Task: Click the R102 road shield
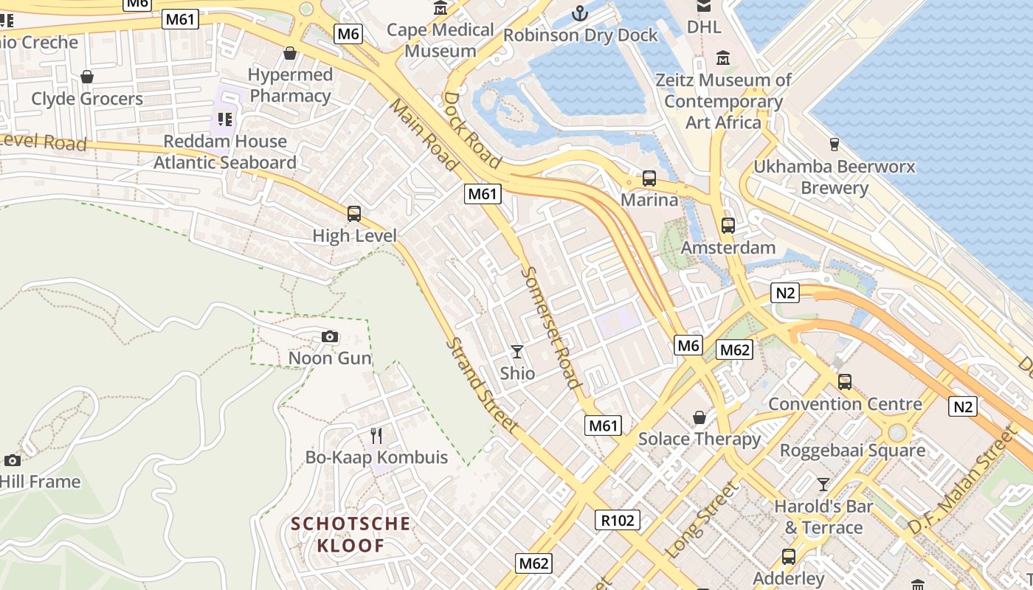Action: tap(618, 520)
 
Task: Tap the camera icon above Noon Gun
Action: tap(330, 337)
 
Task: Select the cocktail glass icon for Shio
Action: tap(517, 352)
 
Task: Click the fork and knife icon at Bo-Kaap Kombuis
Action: tap(376, 436)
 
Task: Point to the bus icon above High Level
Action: tap(354, 214)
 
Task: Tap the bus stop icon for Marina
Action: tap(649, 178)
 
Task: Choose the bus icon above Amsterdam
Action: tap(728, 226)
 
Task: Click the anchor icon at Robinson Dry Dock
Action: tap(580, 13)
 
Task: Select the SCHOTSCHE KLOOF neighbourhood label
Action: tap(350, 535)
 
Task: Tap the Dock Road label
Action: tap(472, 130)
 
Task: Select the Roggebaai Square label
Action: tap(852, 450)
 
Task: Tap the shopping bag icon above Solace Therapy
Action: tap(699, 418)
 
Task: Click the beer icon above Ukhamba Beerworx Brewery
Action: tap(835, 144)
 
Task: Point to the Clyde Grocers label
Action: tap(87, 99)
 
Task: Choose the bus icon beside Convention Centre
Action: tap(845, 382)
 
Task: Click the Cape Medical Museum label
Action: tap(441, 40)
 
